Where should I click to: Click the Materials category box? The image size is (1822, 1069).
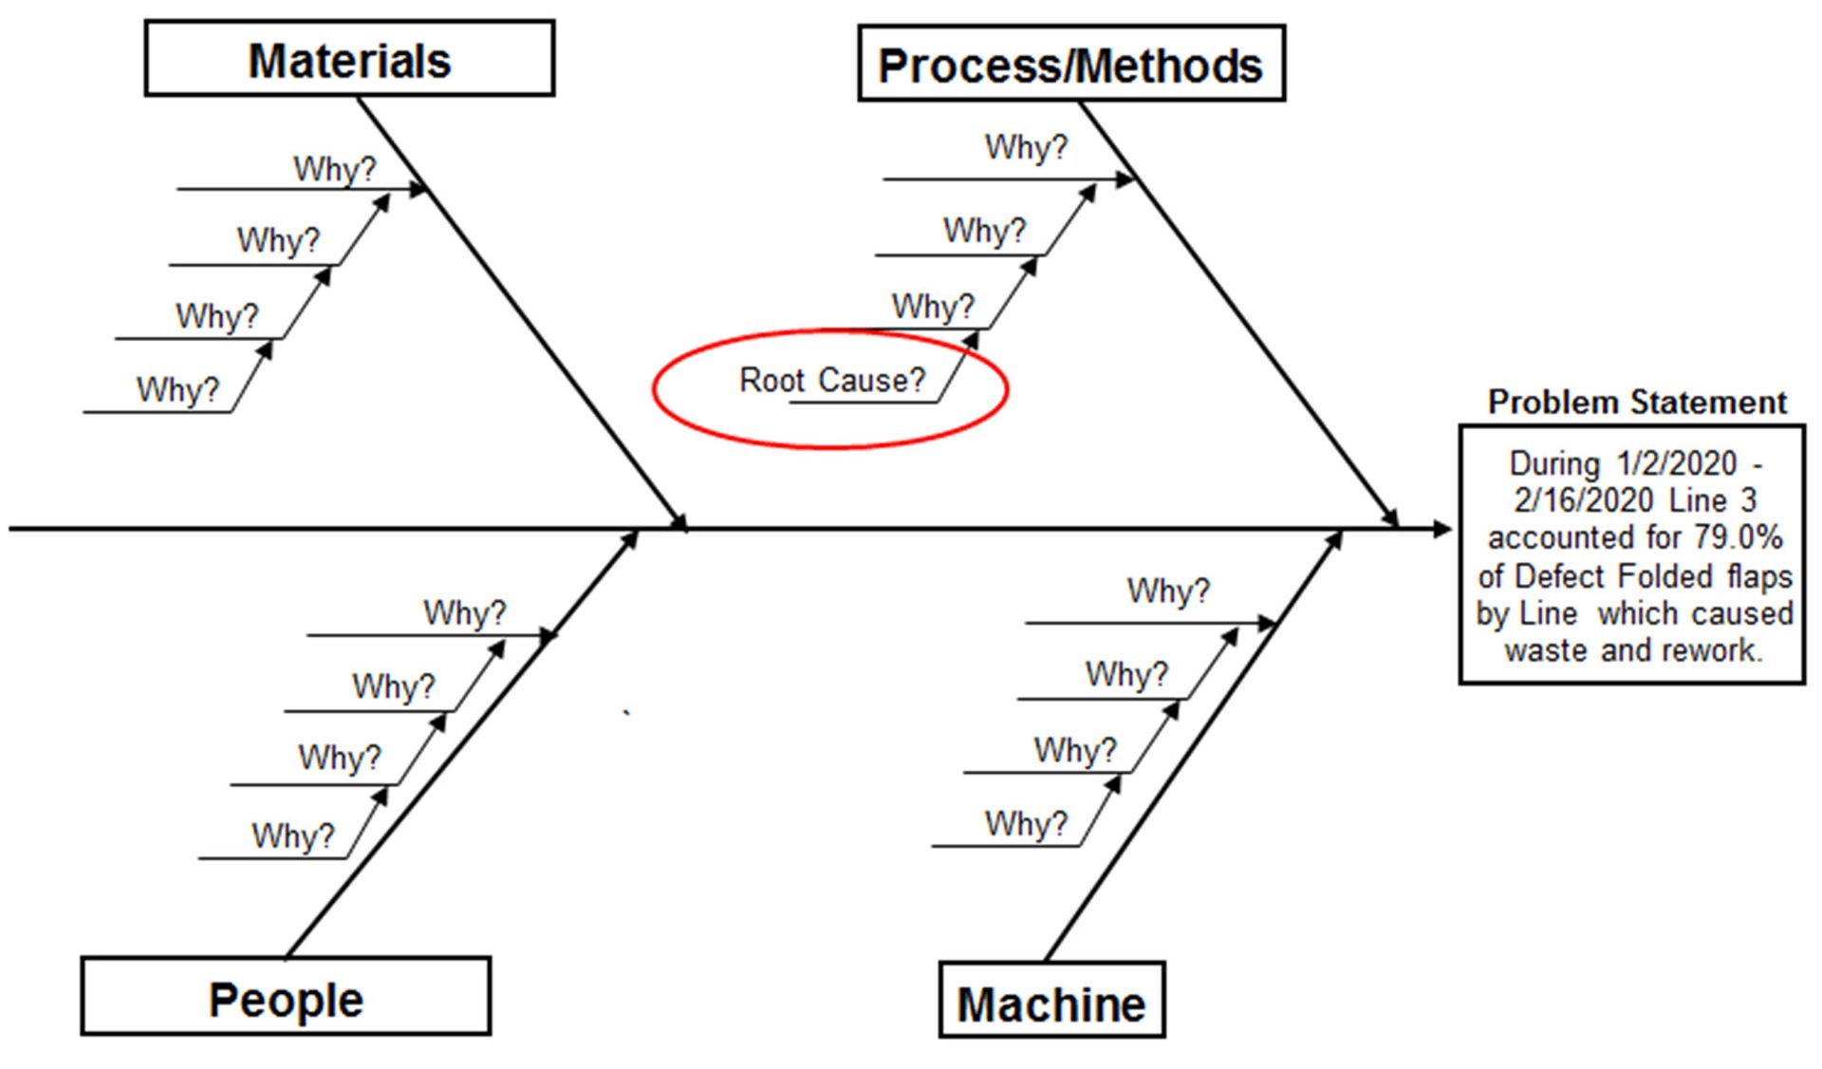click(349, 60)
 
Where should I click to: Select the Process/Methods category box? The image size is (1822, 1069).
click(1070, 65)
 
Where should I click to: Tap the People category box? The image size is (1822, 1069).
click(286, 997)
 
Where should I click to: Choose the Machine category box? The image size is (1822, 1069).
click(1051, 1002)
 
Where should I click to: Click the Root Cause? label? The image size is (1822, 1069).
click(831, 381)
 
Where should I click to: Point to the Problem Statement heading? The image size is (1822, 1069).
click(1637, 403)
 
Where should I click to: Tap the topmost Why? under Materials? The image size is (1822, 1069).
click(334, 170)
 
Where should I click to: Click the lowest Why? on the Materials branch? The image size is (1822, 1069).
click(177, 390)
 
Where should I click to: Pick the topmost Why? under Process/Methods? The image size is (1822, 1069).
click(1026, 148)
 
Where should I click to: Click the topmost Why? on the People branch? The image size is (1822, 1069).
click(464, 613)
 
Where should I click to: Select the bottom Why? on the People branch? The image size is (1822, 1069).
click(292, 836)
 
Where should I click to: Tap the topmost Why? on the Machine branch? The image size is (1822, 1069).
click(1168, 591)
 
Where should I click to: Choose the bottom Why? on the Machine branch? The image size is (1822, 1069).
click(1026, 824)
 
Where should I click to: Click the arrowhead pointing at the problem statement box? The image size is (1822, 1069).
click(1443, 529)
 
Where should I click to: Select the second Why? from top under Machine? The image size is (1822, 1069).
click(1126, 675)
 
